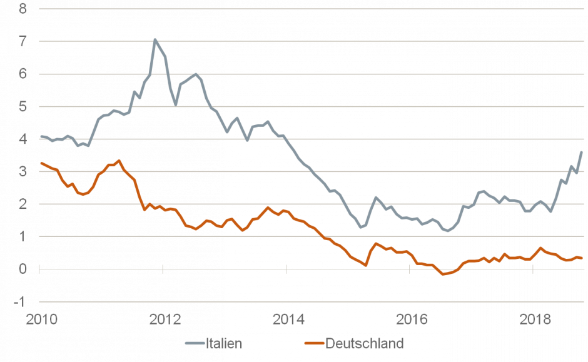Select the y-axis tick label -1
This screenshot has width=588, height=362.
(21, 301)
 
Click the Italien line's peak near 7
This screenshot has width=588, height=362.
(155, 39)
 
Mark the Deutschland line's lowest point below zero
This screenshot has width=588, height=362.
(444, 274)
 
